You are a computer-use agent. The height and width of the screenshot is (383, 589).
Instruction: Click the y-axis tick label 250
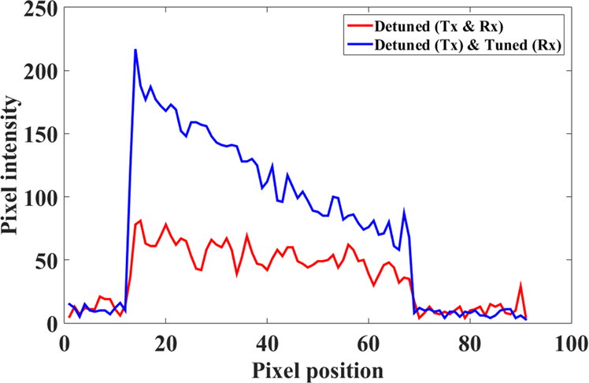[39, 9]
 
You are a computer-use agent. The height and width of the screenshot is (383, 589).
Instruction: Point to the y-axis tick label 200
[39, 72]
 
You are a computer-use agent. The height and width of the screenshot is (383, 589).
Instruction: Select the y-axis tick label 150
[39, 135]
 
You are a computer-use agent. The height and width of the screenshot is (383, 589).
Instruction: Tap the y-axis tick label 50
[45, 260]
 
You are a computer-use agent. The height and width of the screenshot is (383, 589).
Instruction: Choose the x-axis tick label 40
[267, 343]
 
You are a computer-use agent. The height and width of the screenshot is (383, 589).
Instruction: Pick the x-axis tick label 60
[369, 343]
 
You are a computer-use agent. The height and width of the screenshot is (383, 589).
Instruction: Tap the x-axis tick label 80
[470, 343]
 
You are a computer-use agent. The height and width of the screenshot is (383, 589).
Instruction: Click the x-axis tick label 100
[569, 343]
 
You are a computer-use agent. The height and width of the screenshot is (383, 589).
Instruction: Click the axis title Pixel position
[317, 368]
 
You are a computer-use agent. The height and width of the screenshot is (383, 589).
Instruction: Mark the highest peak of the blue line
[135, 50]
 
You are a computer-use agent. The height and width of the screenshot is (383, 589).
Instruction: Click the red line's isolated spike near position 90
[520, 286]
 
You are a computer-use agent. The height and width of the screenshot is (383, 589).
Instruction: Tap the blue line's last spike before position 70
[404, 212]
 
